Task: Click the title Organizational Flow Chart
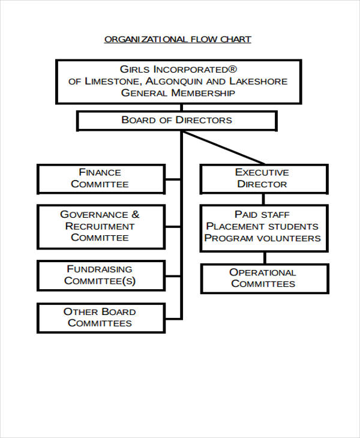tap(178, 40)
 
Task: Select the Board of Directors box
tap(176, 120)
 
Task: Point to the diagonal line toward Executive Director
tap(225, 148)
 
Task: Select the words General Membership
tap(178, 93)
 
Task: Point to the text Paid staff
tap(262, 214)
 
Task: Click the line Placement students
tap(262, 226)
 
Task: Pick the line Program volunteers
tap(262, 238)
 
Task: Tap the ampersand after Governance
tap(135, 214)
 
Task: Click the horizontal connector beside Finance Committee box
tap(173, 179)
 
